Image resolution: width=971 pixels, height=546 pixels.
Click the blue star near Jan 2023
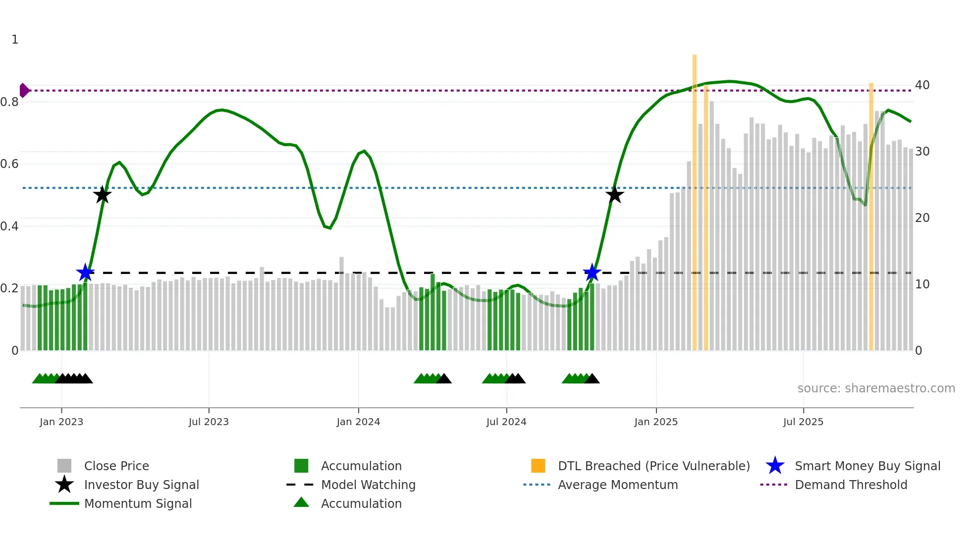(x=85, y=273)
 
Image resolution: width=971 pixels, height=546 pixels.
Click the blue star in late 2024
(x=592, y=273)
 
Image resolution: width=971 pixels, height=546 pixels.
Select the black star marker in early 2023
(x=102, y=195)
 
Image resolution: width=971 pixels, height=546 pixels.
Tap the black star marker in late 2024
(x=614, y=195)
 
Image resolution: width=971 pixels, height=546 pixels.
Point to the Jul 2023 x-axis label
(x=209, y=422)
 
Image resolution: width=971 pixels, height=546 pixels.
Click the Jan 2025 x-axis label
(x=656, y=422)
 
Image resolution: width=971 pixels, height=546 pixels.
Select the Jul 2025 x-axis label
(x=803, y=422)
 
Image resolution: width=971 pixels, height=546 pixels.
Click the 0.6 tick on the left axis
(x=9, y=164)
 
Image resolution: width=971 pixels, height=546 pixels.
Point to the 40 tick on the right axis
(x=922, y=85)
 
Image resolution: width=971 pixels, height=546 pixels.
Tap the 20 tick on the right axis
(x=922, y=218)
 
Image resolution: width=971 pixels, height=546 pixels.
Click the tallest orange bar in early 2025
(x=695, y=198)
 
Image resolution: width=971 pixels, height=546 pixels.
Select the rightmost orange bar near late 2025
(x=871, y=213)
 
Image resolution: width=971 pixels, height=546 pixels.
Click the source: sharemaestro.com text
(x=876, y=388)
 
